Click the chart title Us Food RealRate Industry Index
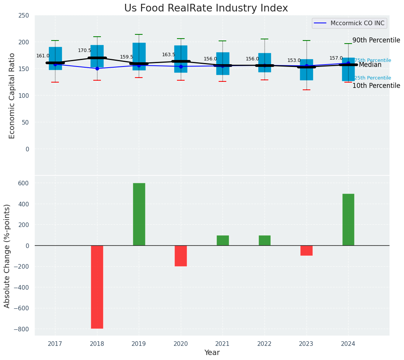(206, 8)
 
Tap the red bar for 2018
(97, 287)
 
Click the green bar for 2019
(139, 214)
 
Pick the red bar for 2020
(181, 256)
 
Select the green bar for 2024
(348, 219)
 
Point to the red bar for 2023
(306, 250)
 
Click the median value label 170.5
(84, 50)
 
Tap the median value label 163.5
(169, 55)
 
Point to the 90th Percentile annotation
(376, 41)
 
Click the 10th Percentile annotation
(376, 86)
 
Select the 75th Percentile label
(373, 60)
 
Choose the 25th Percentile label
(373, 78)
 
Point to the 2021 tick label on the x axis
(222, 344)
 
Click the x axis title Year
(212, 353)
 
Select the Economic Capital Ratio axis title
(12, 96)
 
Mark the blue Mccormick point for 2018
(97, 68)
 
